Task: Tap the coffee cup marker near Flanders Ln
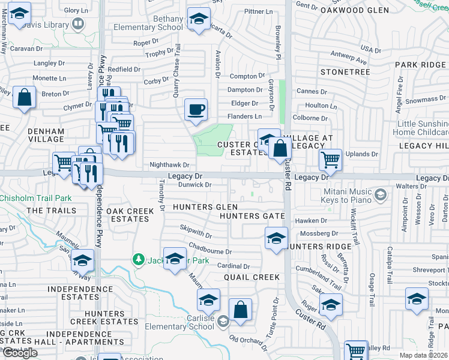pos(196,110)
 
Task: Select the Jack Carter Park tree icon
pos(139,259)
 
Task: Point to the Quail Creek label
pos(252,277)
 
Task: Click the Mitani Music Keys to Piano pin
pos(379,194)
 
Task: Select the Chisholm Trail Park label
pos(36,198)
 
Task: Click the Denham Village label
pos(46,135)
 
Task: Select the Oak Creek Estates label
pos(128,215)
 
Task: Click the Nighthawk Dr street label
pos(169,164)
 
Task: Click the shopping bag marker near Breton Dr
pos(24,98)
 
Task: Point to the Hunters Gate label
pos(252,216)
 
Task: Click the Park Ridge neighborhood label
pos(420,64)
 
